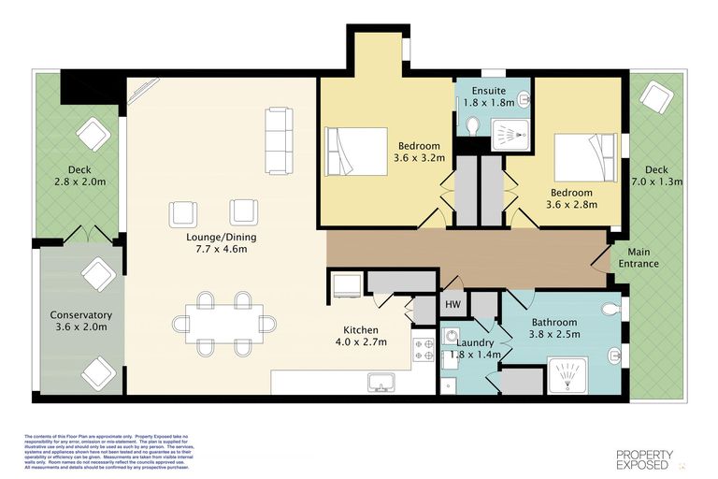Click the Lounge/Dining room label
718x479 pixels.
(221, 243)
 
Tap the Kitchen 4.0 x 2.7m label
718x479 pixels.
(360, 337)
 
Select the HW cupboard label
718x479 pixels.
(452, 305)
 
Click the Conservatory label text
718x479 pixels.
(80, 321)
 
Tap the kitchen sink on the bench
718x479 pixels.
(381, 382)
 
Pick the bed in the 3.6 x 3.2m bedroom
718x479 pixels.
(355, 151)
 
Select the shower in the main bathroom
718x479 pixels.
(569, 376)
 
